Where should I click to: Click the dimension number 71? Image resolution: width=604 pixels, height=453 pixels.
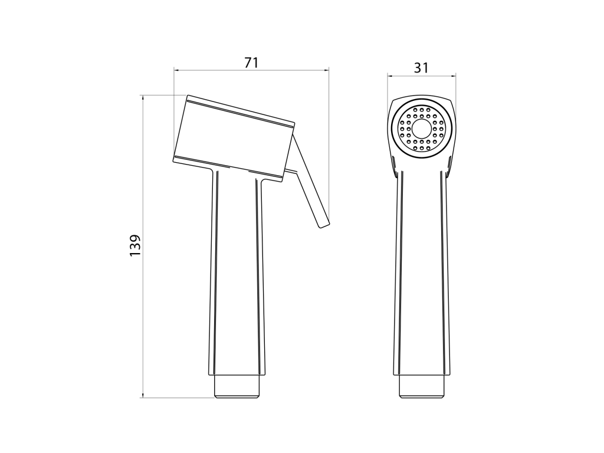pyautogui.click(x=251, y=63)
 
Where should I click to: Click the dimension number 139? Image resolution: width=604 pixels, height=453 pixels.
pyautogui.click(x=135, y=245)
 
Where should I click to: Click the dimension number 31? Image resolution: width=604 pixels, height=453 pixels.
pyautogui.click(x=421, y=68)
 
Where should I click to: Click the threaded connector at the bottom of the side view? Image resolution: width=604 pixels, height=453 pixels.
pyautogui.click(x=237, y=386)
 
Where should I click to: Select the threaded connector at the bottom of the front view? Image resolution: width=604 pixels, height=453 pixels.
pyautogui.click(x=422, y=386)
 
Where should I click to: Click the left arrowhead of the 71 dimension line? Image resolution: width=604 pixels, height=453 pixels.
pyautogui.click(x=177, y=70)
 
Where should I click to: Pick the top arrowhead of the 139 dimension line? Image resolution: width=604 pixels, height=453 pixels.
pyautogui.click(x=143, y=98)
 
